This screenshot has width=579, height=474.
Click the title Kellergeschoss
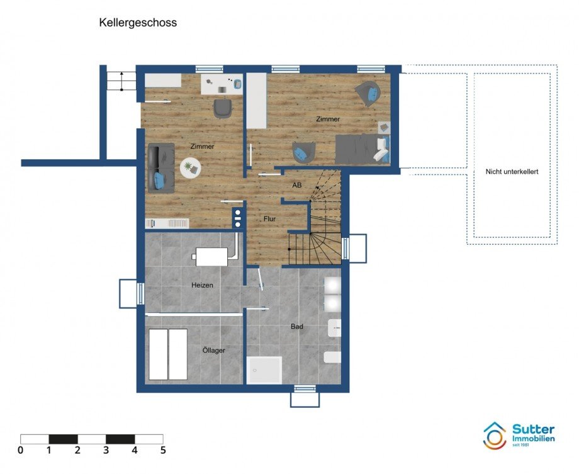(138, 23)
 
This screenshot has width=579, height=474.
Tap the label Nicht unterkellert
(512, 171)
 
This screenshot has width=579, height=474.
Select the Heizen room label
(202, 285)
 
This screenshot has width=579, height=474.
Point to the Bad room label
(296, 327)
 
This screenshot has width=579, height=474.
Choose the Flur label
(270, 218)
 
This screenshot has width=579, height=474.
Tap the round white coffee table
(189, 167)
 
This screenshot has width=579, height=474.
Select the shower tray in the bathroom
(264, 370)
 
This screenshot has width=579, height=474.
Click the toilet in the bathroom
(332, 358)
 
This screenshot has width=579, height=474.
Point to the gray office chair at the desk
(223, 108)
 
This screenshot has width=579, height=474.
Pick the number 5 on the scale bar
(162, 450)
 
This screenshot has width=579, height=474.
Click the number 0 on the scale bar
(21, 450)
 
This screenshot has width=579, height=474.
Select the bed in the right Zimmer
(362, 149)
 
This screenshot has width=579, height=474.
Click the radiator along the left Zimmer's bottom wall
(167, 223)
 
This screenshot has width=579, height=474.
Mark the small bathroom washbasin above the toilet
(334, 327)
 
